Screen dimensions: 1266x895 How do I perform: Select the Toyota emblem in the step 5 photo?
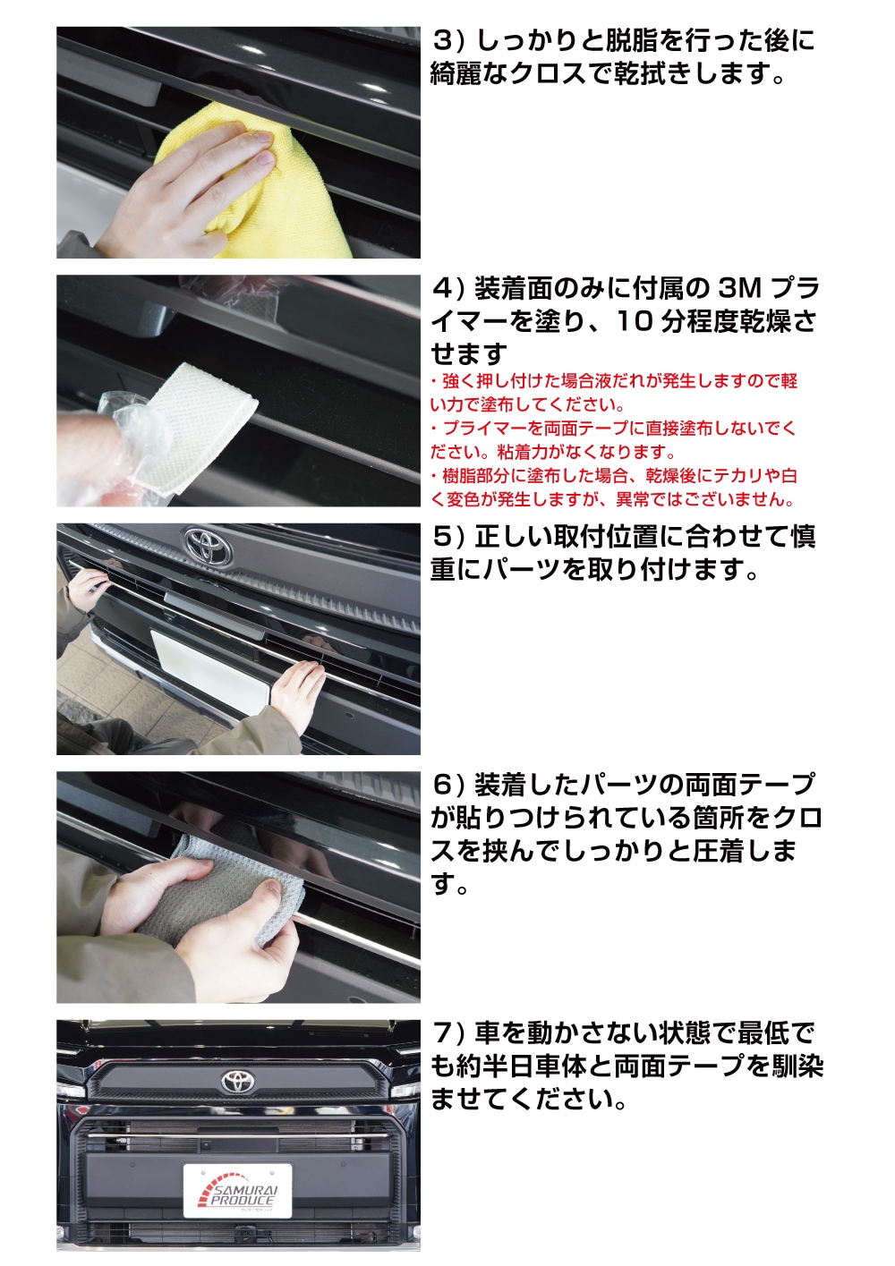click(208, 545)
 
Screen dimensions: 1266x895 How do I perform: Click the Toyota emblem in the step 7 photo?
click(239, 1081)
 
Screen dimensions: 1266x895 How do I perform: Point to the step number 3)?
click(448, 41)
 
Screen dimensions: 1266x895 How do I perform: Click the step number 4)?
click(448, 289)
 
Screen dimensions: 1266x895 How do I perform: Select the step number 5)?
click(448, 537)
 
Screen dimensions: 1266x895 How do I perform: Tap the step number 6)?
click(448, 785)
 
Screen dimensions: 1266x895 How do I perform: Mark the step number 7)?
click(448, 1032)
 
